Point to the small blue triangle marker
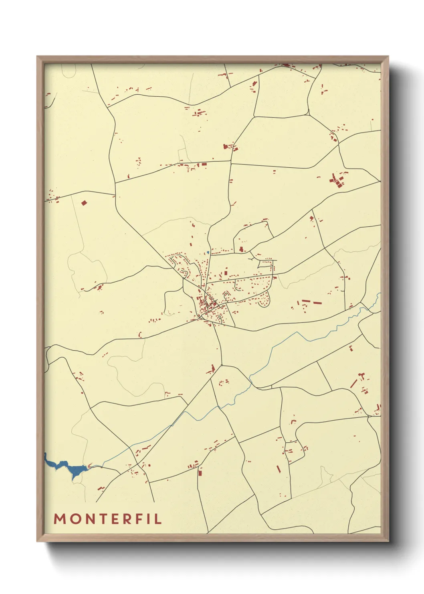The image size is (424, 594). tap(208, 252)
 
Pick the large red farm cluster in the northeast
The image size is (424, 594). tap(337, 179)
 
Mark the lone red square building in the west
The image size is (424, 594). tap(84, 203)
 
